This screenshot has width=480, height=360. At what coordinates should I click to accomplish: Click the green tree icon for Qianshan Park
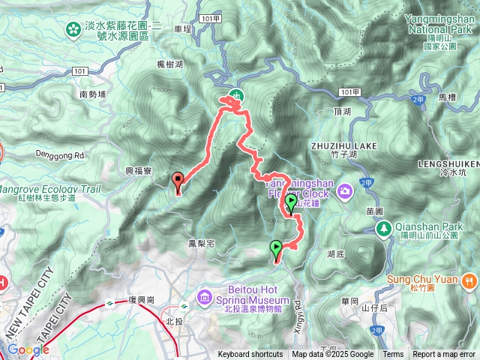pos(383,227)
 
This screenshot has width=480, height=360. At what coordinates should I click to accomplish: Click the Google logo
pos(28,349)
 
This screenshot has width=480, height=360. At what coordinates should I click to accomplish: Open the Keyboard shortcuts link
pos(250,355)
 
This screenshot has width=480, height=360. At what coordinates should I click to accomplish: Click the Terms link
pos(393,355)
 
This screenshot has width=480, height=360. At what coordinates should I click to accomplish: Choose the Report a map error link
pos(445,355)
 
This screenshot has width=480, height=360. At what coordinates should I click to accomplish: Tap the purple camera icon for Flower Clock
pos(344,190)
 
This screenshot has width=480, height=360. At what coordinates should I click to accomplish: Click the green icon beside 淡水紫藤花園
pos(73,29)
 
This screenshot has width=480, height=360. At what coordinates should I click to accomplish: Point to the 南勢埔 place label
pos(92,95)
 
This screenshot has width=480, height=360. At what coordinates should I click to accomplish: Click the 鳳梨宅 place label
pos(202,244)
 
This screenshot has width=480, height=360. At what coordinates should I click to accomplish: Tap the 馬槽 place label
pos(447,97)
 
